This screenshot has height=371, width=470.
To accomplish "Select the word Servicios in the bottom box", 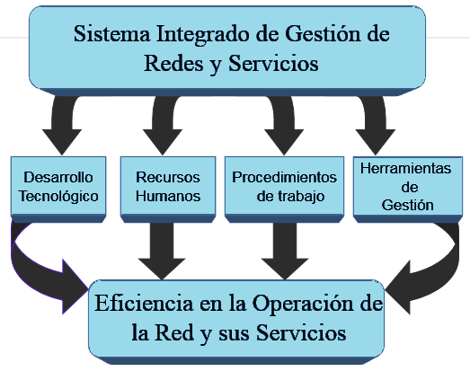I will tap(301, 331).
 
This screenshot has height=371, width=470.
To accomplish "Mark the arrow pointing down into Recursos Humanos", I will tap(167, 126).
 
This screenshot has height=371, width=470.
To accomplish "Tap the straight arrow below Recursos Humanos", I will tap(167, 247).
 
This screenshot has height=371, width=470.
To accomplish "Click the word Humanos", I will tap(168, 196).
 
